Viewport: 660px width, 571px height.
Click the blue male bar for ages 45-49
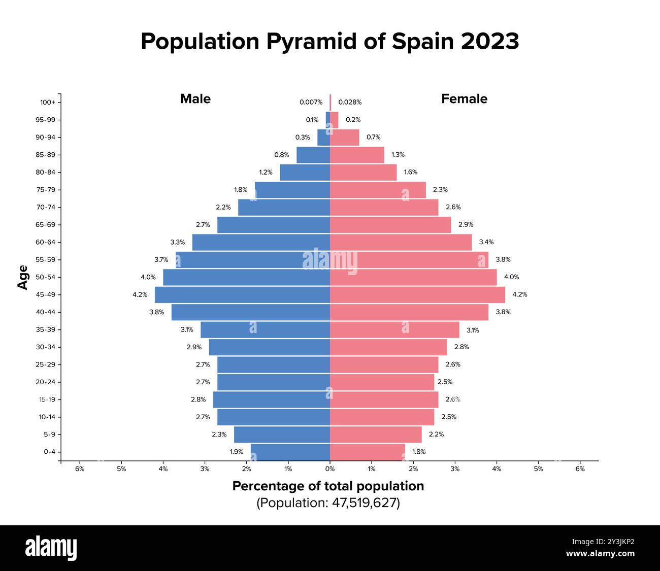pos(242,295)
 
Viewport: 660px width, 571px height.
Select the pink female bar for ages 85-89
pos(357,155)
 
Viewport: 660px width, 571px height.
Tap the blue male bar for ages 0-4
pos(290,452)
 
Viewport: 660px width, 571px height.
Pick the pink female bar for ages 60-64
pos(401,242)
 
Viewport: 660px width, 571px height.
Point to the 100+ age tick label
pos(48,103)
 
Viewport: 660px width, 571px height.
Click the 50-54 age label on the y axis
pos(46,277)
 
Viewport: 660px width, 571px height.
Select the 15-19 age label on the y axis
pos(47,399)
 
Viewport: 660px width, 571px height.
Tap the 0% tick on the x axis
pos(330,469)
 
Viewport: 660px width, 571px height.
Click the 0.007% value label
pos(311,103)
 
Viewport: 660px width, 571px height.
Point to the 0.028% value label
pos(350,103)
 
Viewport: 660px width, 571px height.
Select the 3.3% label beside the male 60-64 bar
pos(177,242)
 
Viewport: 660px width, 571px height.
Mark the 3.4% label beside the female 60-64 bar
pos(486,242)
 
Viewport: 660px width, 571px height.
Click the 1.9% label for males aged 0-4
pos(236,452)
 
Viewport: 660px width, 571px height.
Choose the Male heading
pos(195,99)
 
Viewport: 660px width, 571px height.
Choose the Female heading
pos(464,99)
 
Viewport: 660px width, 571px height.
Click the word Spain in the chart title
pos(423,42)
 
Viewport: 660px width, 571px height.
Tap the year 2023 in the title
pos(490,42)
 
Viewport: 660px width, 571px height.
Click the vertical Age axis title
pos(23,277)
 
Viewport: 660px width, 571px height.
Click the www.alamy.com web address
pos(600,554)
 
